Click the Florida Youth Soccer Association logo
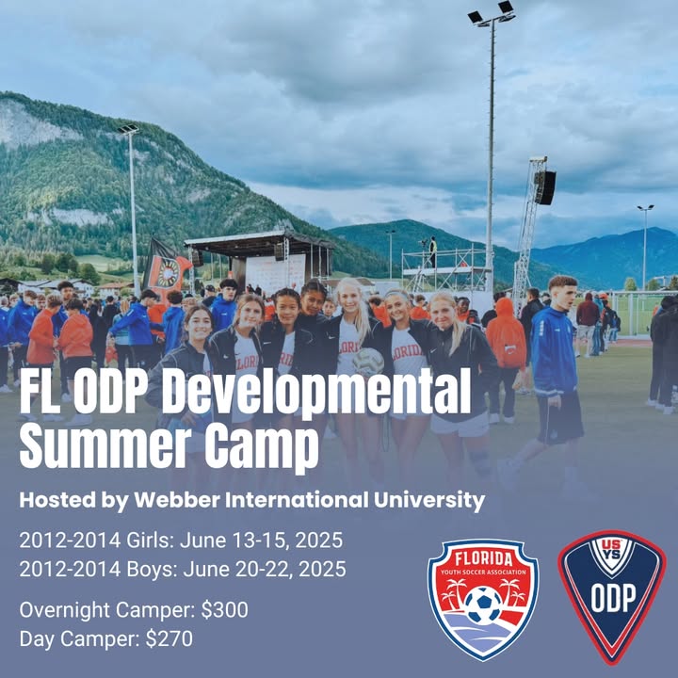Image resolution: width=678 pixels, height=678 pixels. [x=483, y=599]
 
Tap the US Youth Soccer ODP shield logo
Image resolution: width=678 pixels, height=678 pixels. [x=612, y=597]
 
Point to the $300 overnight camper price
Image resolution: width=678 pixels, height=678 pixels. [x=224, y=609]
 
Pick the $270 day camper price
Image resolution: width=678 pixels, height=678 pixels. [x=169, y=638]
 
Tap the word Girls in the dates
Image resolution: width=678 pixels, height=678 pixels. [x=150, y=541]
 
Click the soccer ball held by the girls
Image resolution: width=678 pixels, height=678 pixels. [x=368, y=362]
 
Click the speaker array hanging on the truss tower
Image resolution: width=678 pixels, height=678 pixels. [x=544, y=186]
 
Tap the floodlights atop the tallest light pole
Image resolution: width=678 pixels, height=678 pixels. [x=492, y=14]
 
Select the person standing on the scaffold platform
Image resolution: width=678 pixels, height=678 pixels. [x=432, y=251]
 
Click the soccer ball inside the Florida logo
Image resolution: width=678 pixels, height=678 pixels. [x=483, y=605]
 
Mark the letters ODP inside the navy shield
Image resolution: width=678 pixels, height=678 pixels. [x=613, y=598]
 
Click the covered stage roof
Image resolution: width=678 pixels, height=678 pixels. [x=260, y=241]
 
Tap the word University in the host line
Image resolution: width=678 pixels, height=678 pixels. [x=429, y=501]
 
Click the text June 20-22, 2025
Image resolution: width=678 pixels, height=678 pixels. [x=265, y=569]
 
